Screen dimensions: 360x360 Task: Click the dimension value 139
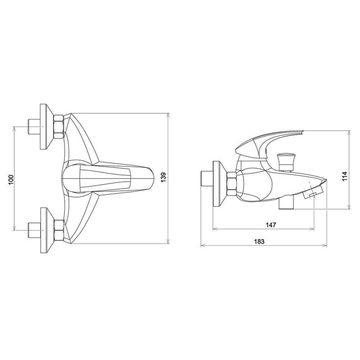point(163,177)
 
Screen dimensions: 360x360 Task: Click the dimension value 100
point(11,180)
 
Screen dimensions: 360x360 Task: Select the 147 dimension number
point(271,225)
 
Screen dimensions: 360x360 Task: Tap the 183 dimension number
point(259,242)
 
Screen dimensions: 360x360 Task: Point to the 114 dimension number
point(345,176)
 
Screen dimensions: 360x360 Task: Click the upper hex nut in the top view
point(58,126)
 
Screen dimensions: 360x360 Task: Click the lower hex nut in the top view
point(58,230)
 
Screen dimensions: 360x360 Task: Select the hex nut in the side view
point(231,184)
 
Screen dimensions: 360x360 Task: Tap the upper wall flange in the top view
point(47,126)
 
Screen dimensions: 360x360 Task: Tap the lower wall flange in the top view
point(47,230)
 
